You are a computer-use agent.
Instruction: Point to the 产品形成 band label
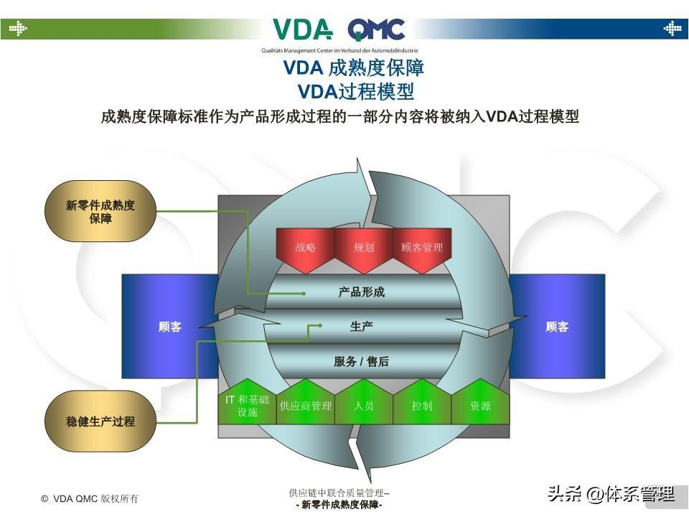pyautogui.click(x=362, y=292)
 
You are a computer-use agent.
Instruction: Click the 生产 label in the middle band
pyautogui.click(x=362, y=327)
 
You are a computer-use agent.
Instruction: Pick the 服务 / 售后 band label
pyautogui.click(x=362, y=362)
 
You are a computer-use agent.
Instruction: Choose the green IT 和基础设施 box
pyautogui.click(x=247, y=405)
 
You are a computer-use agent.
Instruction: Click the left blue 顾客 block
pyautogui.click(x=170, y=327)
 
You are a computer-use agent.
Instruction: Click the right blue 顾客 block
pyautogui.click(x=557, y=327)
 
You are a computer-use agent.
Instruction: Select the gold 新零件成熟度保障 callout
pyautogui.click(x=100, y=212)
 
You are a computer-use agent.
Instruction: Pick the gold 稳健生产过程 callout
pyautogui.click(x=100, y=421)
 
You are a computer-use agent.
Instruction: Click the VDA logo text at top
pyautogui.click(x=302, y=30)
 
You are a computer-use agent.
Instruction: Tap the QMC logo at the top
pyautogui.click(x=376, y=30)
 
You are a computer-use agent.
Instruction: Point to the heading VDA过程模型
pyautogui.click(x=356, y=92)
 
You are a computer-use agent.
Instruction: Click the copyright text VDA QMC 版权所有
pyautogui.click(x=90, y=498)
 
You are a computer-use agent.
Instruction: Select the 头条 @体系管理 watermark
pyautogui.click(x=610, y=494)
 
